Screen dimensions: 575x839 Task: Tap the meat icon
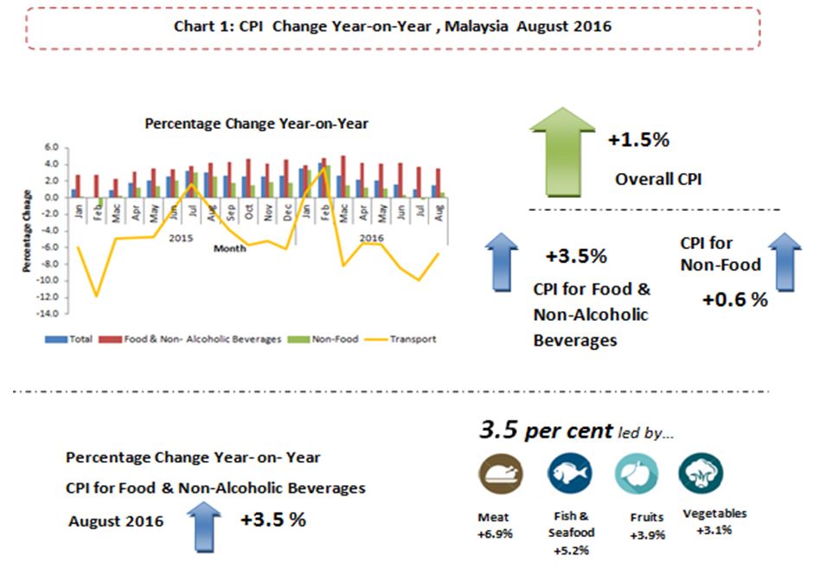click(495, 475)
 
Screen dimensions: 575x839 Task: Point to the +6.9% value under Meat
click(495, 533)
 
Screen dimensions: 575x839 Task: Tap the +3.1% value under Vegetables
click(714, 529)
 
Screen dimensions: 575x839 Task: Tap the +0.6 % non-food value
click(734, 299)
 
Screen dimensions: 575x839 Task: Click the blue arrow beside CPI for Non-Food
click(785, 260)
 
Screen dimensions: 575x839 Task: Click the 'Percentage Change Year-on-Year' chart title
click(256, 124)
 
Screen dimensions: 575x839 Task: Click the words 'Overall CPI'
click(658, 180)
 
